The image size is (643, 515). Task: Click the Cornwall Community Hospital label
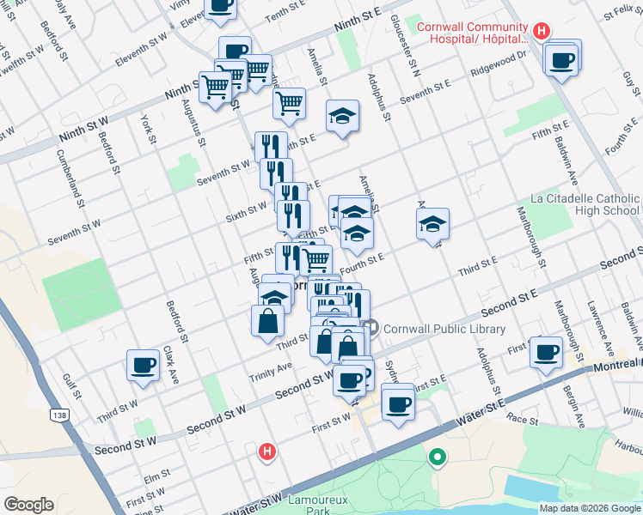pyautogui.click(x=472, y=33)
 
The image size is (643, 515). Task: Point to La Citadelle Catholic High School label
pyautogui.click(x=585, y=204)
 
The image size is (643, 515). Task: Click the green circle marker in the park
pyautogui.click(x=438, y=458)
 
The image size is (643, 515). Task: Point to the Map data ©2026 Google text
pyautogui.click(x=589, y=508)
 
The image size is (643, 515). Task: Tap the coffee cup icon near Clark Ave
pyautogui.click(x=143, y=364)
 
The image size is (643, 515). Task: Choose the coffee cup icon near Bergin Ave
pyautogui.click(x=546, y=350)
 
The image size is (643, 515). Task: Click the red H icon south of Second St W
pyautogui.click(x=267, y=451)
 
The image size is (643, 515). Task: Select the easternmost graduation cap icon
pyautogui.click(x=432, y=225)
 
